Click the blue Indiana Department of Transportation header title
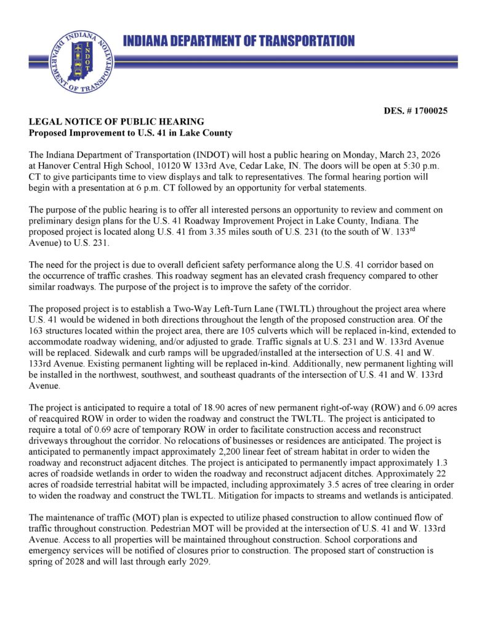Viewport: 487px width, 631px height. coord(239,41)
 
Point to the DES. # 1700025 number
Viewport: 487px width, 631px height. coord(415,111)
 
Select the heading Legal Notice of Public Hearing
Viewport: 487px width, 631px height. coord(116,122)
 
